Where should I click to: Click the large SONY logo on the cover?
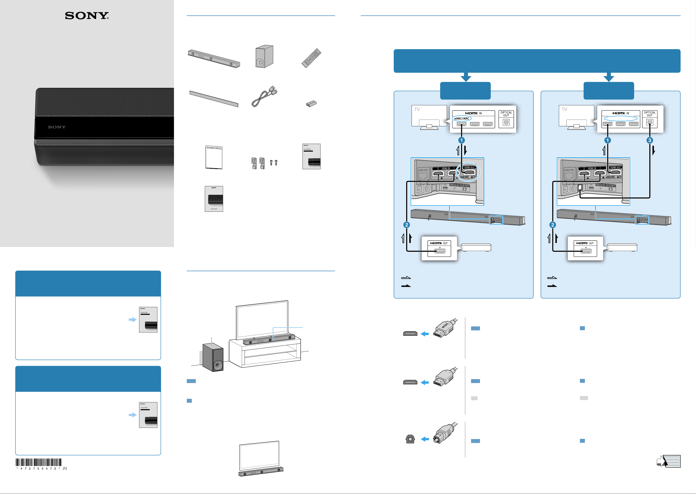pos(87,16)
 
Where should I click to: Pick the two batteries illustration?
pos(311,104)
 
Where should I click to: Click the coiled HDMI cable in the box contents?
pos(264,97)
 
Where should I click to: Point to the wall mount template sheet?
pos(214,157)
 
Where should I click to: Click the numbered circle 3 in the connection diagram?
pos(650,140)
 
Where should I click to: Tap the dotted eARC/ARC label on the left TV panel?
pos(462,119)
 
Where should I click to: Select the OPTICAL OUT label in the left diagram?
pos(506,114)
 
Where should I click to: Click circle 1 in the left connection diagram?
pos(461,140)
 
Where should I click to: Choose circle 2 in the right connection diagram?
pos(553,225)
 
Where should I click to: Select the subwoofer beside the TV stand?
pos(213,357)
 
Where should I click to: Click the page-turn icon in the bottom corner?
pos(669,461)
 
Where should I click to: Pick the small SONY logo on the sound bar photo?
pos(57,127)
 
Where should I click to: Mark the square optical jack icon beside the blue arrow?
pos(410,439)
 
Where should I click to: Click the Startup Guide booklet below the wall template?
pos(214,199)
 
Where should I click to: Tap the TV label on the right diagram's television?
pos(564,110)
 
